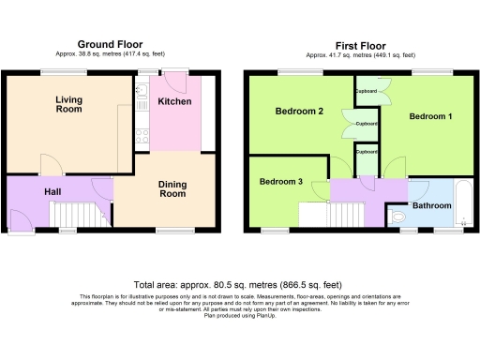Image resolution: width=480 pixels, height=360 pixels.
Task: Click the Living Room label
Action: tap(68, 104)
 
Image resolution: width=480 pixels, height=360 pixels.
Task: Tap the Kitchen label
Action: tap(175, 101)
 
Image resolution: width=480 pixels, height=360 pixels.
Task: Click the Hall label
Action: tap(54, 192)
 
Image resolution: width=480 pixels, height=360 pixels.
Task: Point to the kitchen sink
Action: tap(141, 93)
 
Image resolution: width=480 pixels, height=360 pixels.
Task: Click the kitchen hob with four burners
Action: tap(141, 136)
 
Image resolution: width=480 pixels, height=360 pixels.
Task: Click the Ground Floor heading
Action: tap(111, 44)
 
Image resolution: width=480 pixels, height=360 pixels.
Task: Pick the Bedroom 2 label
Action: tap(299, 112)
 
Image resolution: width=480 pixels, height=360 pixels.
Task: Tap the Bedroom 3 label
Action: tap(281, 181)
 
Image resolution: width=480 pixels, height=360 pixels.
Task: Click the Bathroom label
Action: tap(432, 205)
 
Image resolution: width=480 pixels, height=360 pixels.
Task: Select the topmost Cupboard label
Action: tap(367, 92)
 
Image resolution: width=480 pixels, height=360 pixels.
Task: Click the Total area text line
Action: tap(239, 283)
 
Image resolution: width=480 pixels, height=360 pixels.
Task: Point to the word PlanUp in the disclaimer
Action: tap(278, 318)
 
